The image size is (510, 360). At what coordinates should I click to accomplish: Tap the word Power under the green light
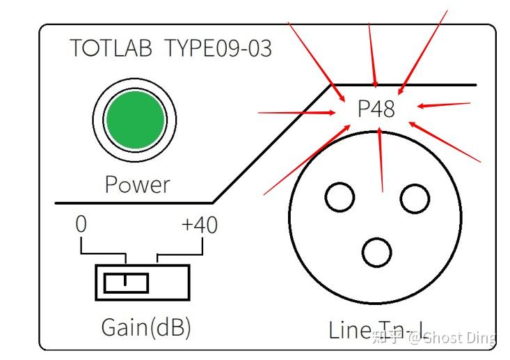pyautogui.click(x=137, y=185)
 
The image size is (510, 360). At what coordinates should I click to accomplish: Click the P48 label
pyautogui.click(x=376, y=109)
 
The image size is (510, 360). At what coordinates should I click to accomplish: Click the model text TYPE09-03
pyautogui.click(x=218, y=49)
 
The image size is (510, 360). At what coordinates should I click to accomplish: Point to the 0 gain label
pyautogui.click(x=81, y=226)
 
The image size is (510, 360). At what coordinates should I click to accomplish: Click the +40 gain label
pyautogui.click(x=199, y=226)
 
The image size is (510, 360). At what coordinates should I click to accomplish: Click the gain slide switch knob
pyautogui.click(x=126, y=283)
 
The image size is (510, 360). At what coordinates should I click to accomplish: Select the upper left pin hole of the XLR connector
pyautogui.click(x=340, y=196)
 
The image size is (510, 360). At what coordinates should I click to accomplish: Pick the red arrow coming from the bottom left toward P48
pyautogui.click(x=306, y=160)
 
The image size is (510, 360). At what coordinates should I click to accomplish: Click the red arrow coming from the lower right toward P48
pyautogui.click(x=445, y=143)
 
